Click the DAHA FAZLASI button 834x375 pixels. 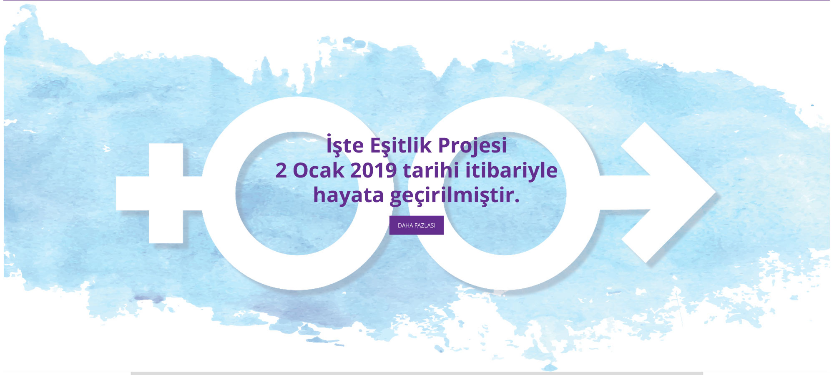coord(416,225)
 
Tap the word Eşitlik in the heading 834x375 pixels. coord(401,145)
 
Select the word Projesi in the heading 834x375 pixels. coord(472,146)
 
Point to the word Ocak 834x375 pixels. coord(319,170)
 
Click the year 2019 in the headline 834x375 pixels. coord(374,170)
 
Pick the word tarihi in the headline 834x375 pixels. coord(431,170)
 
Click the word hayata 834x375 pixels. coord(349,195)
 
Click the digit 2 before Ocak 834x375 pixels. coord(281,170)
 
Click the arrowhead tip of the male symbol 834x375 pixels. coord(715,192)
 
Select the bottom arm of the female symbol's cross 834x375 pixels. coord(166,227)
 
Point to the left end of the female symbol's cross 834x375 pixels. coord(117,193)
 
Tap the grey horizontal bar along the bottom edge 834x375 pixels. coord(417,373)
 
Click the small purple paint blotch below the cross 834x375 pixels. coord(149,299)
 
